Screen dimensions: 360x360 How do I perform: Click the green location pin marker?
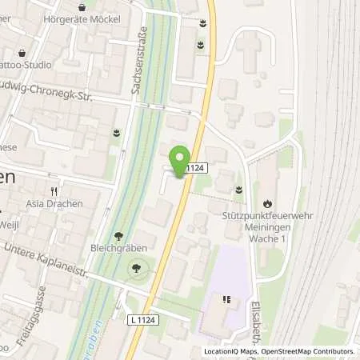coord(182,158)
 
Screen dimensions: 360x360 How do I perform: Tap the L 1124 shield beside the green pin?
coord(197,168)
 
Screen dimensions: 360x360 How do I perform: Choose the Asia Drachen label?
coord(54,204)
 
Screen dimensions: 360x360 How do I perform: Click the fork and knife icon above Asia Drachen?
coord(54,191)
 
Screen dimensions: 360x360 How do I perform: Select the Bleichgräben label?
coord(118,249)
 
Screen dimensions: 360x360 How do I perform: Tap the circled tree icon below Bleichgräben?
coord(138,270)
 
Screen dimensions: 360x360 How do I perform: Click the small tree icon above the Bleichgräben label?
coord(118,236)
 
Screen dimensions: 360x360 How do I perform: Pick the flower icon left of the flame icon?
coord(239,189)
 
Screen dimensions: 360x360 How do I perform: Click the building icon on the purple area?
coord(226,300)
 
